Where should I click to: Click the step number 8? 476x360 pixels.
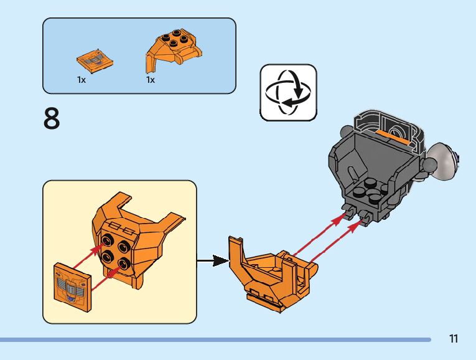click(x=52, y=119)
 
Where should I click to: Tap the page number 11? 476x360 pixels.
click(x=453, y=339)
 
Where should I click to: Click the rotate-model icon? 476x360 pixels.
click(x=288, y=92)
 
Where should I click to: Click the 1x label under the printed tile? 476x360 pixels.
click(x=82, y=80)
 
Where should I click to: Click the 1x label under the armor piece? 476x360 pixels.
click(x=151, y=80)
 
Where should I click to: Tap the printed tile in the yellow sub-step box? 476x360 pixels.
click(x=72, y=285)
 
